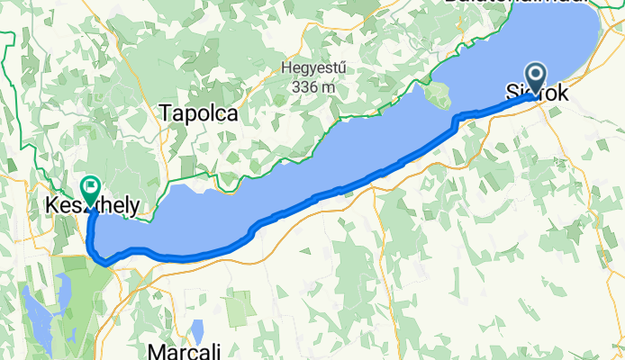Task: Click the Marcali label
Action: click(184, 350)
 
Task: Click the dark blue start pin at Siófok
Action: click(536, 78)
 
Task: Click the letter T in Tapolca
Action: click(164, 112)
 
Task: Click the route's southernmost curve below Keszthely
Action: click(106, 264)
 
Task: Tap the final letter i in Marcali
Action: click(213, 350)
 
